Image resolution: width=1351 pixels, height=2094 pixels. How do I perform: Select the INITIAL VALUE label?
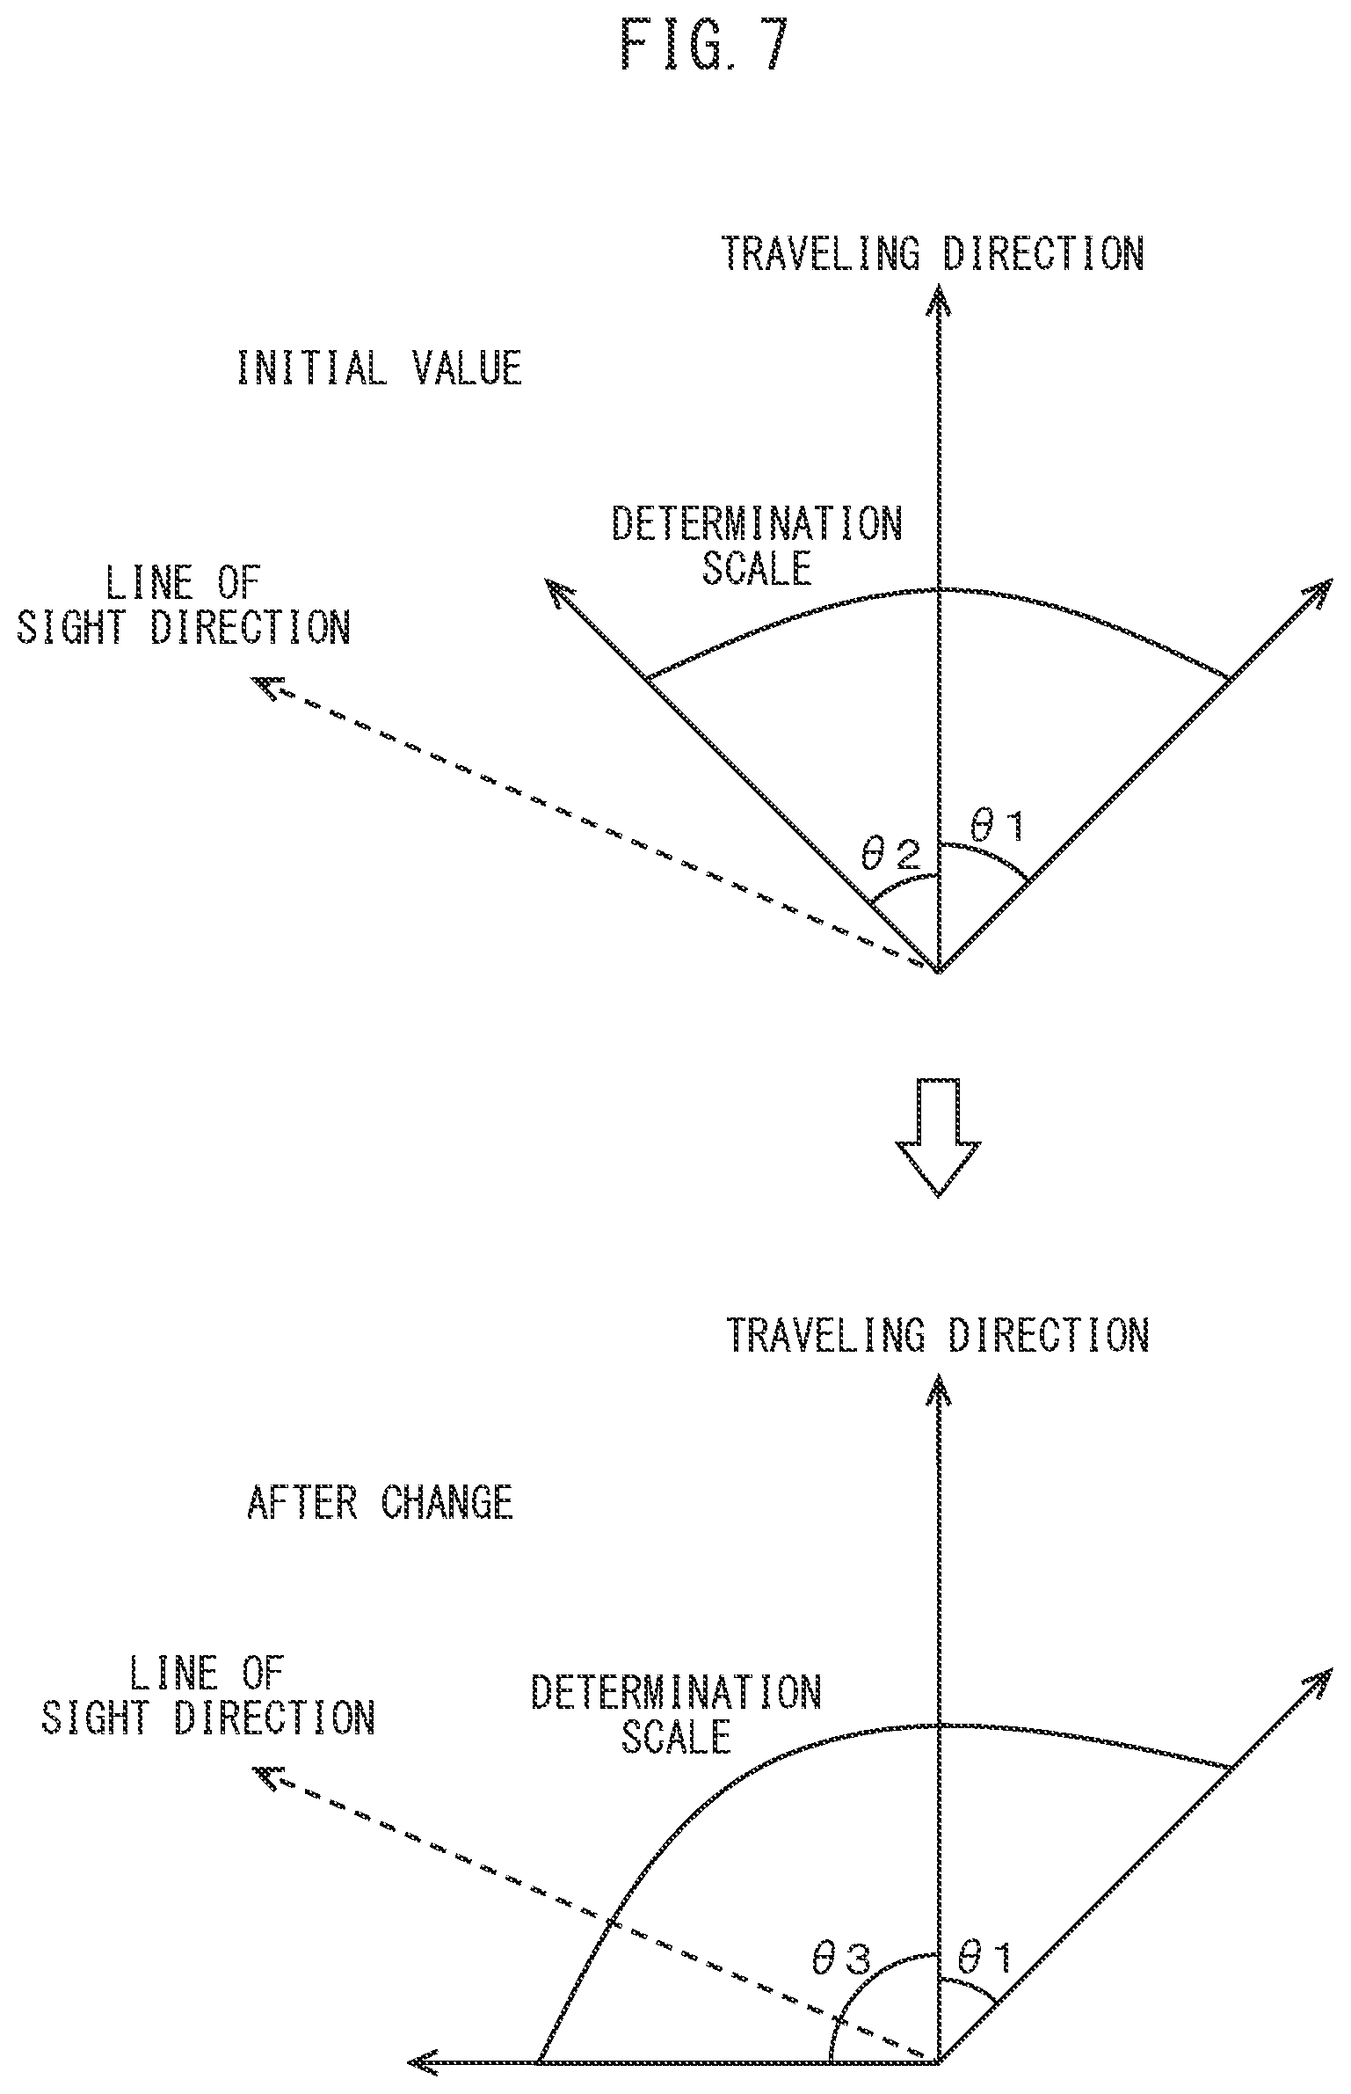(x=380, y=367)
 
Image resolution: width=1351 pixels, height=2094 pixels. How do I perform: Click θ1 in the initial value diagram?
(x=996, y=825)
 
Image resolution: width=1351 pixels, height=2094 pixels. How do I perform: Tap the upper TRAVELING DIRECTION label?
(x=933, y=252)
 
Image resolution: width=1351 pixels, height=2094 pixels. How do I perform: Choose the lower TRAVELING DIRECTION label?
(x=938, y=1334)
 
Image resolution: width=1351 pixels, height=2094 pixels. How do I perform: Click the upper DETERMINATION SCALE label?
(x=757, y=546)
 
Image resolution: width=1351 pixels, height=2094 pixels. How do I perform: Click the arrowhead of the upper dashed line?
(x=265, y=685)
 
